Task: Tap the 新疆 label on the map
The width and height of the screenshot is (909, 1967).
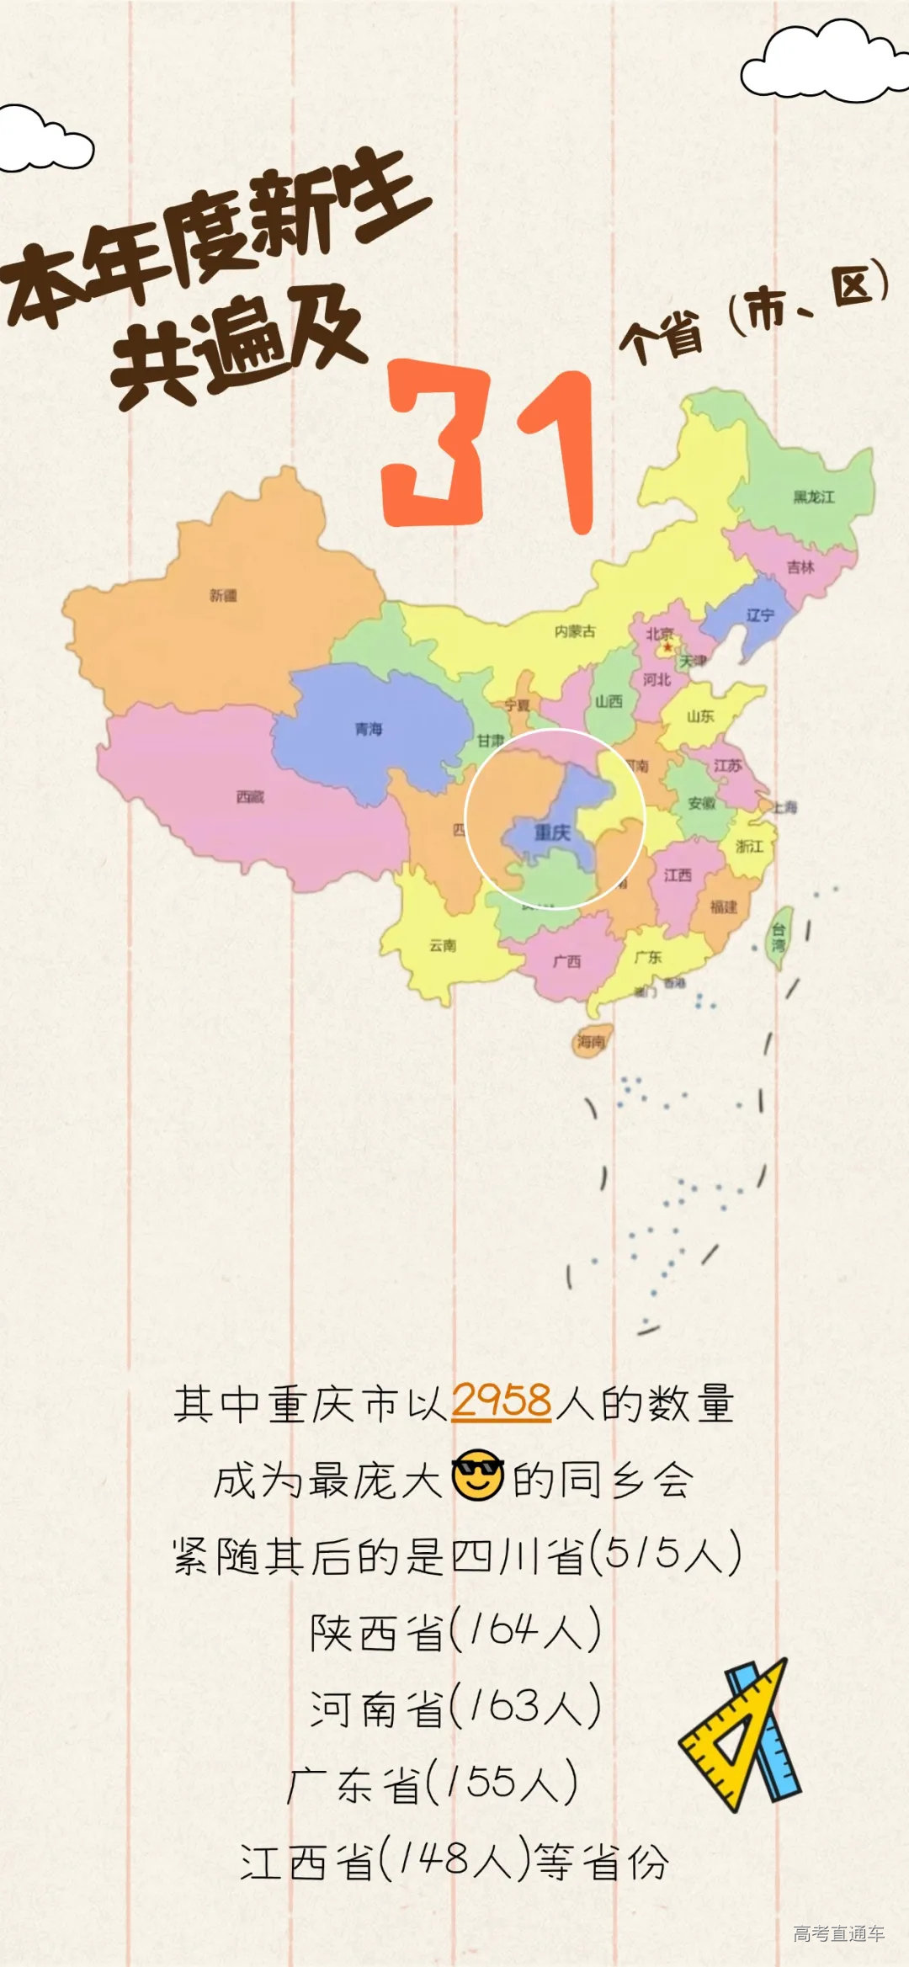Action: [x=223, y=596]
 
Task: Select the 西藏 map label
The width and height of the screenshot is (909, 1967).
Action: [x=250, y=796]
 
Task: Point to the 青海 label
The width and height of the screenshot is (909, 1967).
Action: [x=368, y=729]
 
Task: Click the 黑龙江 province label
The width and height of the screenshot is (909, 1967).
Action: [x=813, y=497]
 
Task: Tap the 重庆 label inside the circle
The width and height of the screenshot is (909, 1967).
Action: [x=552, y=832]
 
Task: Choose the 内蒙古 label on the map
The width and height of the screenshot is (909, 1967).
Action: [x=575, y=631]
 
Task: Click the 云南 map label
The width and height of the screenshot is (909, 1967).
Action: [x=443, y=945]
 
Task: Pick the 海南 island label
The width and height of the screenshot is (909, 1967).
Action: [x=591, y=1042]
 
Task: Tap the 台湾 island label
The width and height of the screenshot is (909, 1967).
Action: [x=779, y=938]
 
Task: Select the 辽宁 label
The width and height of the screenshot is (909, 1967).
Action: [x=759, y=615]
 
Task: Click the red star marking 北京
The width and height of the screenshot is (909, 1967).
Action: [x=667, y=647]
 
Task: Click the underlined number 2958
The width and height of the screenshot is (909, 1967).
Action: [x=502, y=1402]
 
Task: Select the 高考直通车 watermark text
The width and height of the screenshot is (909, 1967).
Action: [x=838, y=1933]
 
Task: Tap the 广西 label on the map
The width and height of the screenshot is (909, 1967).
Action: [x=566, y=961]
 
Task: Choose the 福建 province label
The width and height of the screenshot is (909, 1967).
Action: [x=723, y=906]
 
